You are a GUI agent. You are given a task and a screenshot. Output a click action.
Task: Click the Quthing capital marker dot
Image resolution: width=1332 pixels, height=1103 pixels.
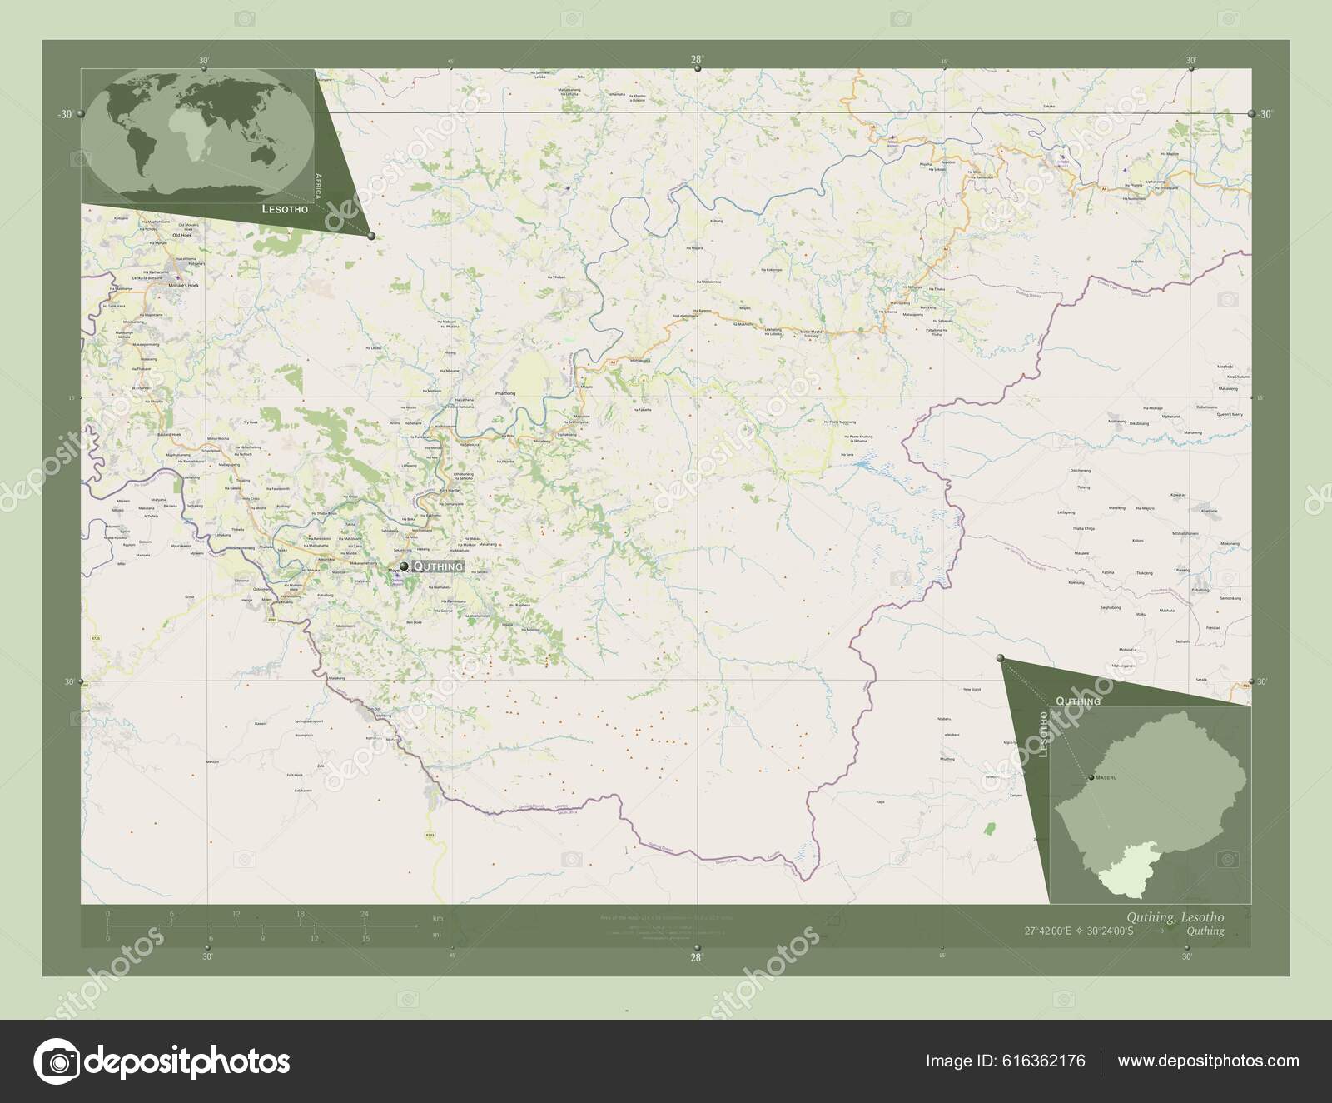click(404, 566)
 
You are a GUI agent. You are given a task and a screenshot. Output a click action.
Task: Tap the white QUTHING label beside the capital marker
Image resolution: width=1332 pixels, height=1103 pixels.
click(436, 566)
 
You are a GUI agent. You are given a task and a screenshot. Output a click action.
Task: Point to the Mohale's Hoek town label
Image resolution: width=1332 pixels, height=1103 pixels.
click(185, 286)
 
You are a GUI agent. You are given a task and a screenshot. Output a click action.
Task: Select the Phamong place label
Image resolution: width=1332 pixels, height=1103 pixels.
click(505, 392)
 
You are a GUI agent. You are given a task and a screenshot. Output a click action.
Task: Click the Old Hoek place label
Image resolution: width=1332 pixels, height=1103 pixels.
click(181, 236)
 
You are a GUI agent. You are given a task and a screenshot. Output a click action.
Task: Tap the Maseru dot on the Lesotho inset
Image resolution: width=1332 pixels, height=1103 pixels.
click(1090, 777)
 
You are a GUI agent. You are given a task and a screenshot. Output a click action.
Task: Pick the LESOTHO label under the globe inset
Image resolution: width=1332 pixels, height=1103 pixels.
click(285, 210)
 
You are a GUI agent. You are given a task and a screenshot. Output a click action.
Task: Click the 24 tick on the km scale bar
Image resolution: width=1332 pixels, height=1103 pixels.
click(364, 915)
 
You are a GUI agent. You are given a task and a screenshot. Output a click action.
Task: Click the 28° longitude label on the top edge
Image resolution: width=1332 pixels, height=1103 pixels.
click(696, 59)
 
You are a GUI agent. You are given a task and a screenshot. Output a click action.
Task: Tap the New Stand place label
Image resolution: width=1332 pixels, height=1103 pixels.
click(972, 690)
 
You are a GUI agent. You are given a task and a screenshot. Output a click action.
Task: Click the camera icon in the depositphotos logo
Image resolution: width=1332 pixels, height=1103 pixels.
click(57, 1061)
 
